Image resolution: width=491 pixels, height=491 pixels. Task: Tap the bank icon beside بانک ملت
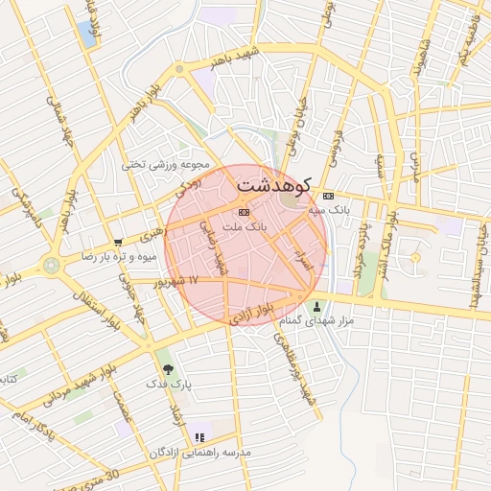click(x=244, y=212)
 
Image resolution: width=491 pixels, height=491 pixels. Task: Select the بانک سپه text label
click(x=332, y=207)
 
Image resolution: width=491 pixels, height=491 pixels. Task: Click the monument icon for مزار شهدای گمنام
click(x=317, y=307)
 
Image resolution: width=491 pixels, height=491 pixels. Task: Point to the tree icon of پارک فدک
click(x=169, y=367)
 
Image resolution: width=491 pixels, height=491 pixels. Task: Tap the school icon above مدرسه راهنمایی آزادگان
click(x=199, y=437)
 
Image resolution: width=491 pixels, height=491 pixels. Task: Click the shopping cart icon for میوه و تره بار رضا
click(x=117, y=243)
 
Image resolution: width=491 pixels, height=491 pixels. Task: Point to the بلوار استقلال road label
click(x=101, y=307)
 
